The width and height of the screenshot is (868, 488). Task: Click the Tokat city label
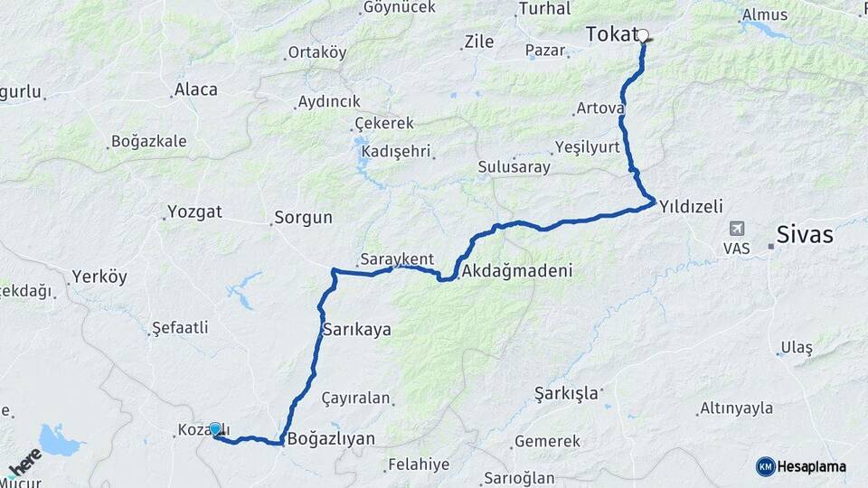coord(612,34)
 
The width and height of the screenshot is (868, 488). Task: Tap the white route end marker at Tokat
coord(643,36)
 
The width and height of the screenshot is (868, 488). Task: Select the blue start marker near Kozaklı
coord(215,429)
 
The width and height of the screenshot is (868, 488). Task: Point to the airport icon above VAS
coord(737,229)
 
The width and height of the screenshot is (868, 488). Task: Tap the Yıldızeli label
coord(691,206)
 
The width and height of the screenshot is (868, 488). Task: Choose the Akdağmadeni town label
coord(516,271)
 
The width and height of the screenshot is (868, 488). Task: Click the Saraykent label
coord(397,259)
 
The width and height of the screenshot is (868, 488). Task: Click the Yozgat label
coord(194,213)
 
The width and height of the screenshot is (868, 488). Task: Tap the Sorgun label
coord(303,218)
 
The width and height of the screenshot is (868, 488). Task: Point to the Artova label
coord(599,108)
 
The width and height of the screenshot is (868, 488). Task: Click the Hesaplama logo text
coord(812,466)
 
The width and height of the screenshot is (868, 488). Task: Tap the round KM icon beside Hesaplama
coord(766,466)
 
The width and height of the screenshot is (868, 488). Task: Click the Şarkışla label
coord(566,393)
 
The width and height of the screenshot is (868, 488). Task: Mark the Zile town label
coord(478,41)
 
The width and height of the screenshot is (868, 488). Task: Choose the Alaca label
coord(195,89)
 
